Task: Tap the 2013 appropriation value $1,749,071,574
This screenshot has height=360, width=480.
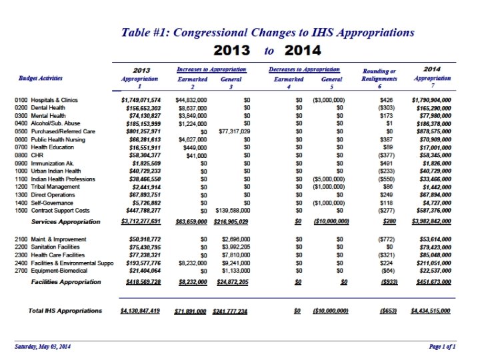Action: (140, 99)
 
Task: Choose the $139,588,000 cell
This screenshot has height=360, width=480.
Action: (230, 211)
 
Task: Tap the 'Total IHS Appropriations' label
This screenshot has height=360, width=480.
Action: (65, 311)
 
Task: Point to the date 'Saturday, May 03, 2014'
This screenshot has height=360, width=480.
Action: (43, 348)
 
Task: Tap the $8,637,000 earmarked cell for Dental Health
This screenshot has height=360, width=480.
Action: (191, 107)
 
